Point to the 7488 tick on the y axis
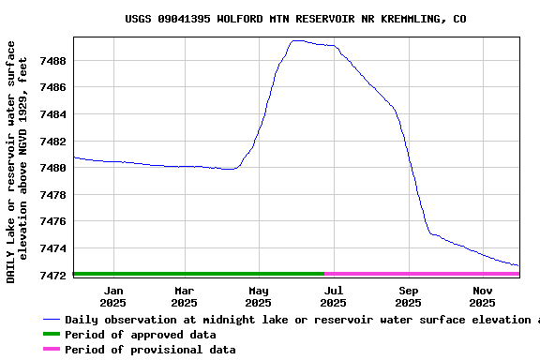[52, 61]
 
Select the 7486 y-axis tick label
[52, 88]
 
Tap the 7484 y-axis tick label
[52, 114]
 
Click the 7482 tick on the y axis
[52, 142]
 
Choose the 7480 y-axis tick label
[52, 168]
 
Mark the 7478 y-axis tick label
[52, 195]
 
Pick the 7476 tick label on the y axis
[52, 221]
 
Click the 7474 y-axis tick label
[52, 248]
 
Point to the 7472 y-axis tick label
[52, 275]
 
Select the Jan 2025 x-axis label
[112, 296]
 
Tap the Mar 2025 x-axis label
[185, 296]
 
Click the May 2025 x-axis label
[258, 296]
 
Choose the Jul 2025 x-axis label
[333, 296]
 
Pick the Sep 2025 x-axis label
[408, 296]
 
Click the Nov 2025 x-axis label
[482, 296]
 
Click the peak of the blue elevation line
[297, 40]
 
